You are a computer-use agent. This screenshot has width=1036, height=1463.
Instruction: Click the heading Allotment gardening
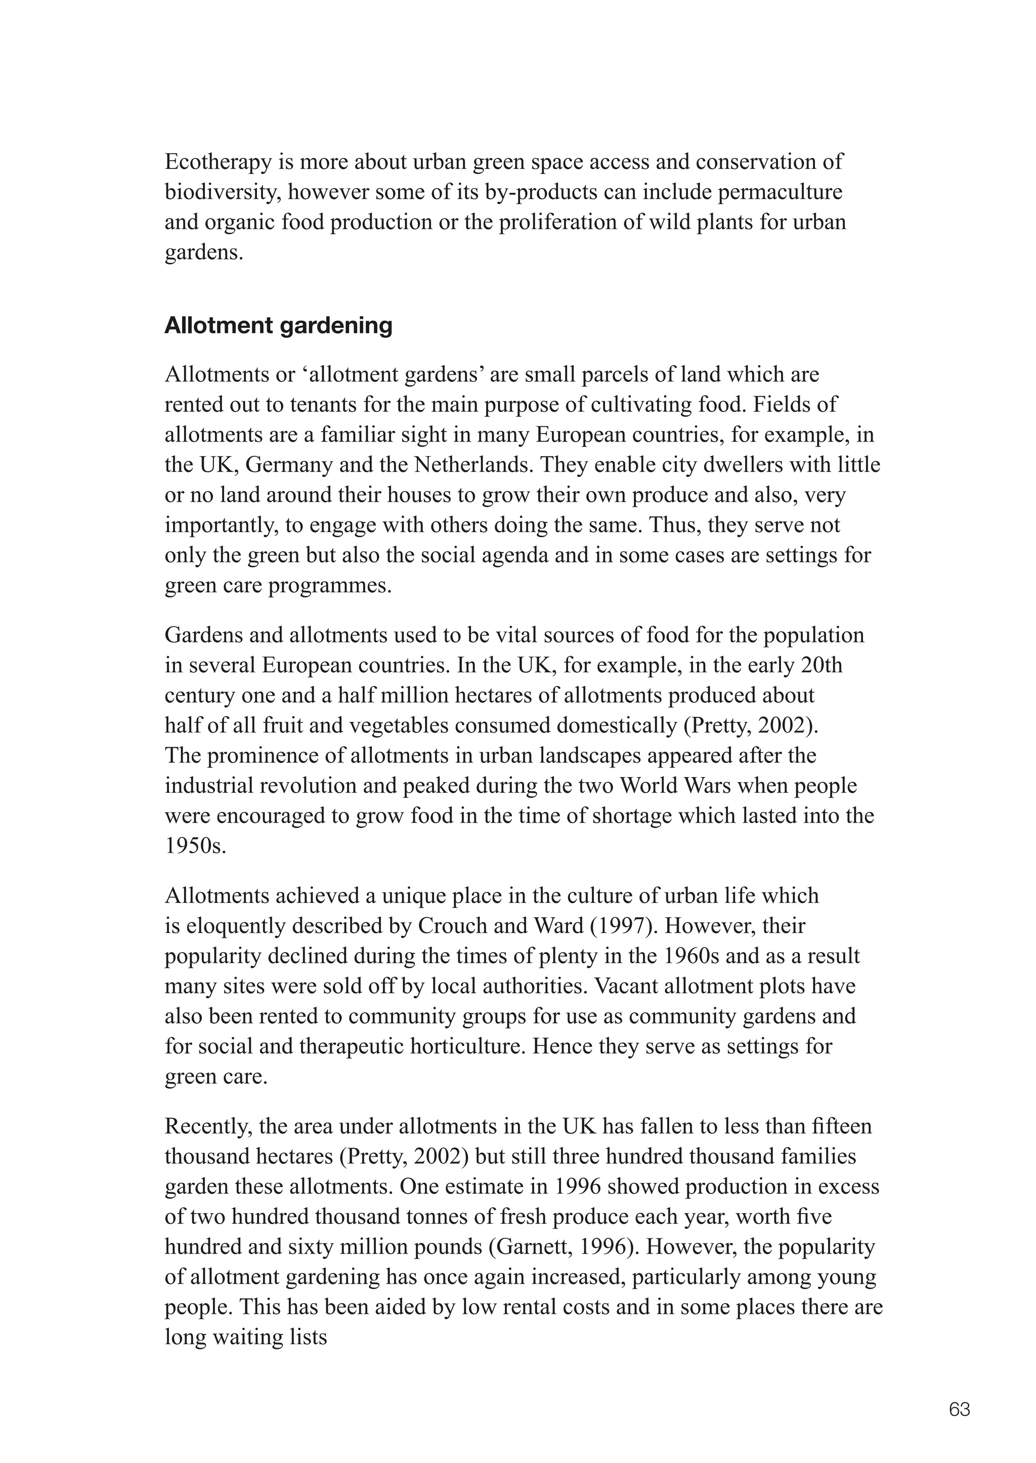pos(278,326)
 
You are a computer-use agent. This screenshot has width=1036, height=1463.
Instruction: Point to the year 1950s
pos(195,846)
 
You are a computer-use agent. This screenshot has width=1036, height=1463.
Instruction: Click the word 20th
pos(822,665)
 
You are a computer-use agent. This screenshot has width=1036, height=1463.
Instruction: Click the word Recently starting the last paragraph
pos(208,1127)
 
